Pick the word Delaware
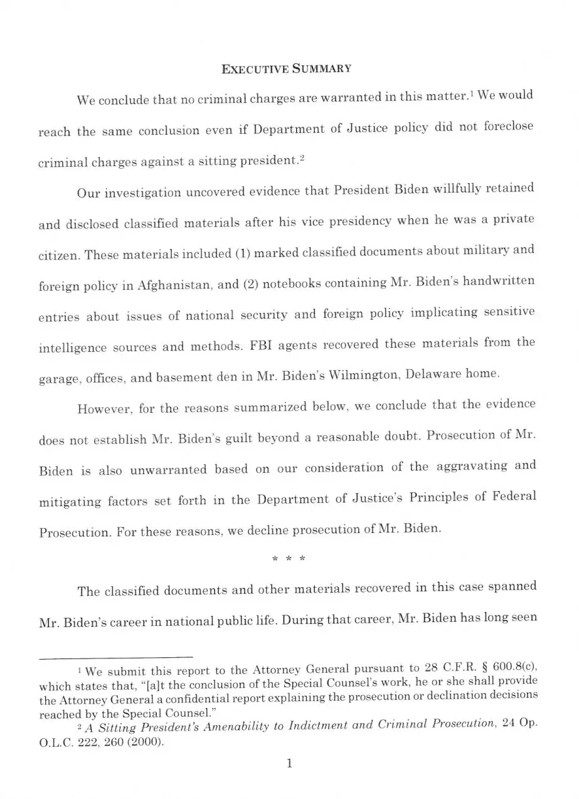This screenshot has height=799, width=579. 434,374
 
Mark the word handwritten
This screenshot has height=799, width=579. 499,281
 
